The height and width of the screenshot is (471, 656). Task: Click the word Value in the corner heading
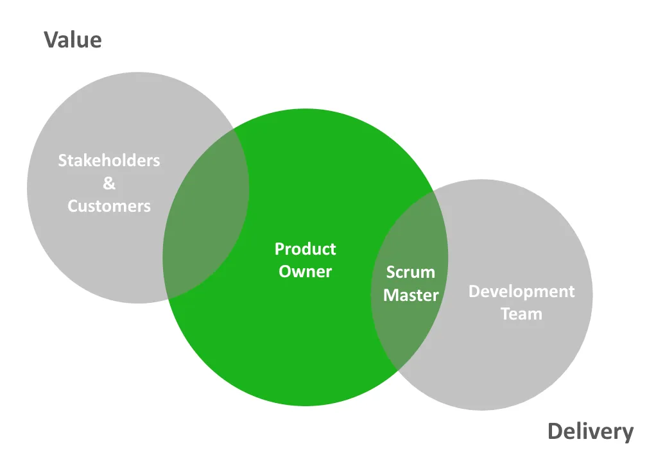(x=73, y=40)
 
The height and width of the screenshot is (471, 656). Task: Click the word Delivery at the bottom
(x=590, y=432)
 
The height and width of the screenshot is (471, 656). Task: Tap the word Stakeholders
(x=109, y=160)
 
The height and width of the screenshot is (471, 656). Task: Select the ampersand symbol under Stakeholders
(x=109, y=184)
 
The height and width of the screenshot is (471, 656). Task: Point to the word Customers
(x=109, y=206)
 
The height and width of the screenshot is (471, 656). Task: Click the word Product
(x=305, y=249)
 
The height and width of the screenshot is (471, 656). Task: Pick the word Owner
(x=305, y=271)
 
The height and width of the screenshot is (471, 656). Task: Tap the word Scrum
(x=410, y=273)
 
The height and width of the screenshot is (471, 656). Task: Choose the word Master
(x=411, y=295)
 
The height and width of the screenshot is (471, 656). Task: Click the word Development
(x=521, y=292)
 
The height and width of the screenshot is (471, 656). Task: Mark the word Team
(x=521, y=314)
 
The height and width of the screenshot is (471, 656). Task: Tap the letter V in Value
(x=51, y=40)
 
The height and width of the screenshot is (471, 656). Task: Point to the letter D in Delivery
(x=555, y=432)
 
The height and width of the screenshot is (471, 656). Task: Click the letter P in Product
(x=279, y=249)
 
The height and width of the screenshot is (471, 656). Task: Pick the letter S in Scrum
(x=390, y=273)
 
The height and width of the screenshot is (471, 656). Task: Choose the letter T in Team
(x=505, y=314)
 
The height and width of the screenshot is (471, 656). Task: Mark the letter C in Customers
(x=73, y=206)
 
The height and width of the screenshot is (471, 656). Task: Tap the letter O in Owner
(x=285, y=271)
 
